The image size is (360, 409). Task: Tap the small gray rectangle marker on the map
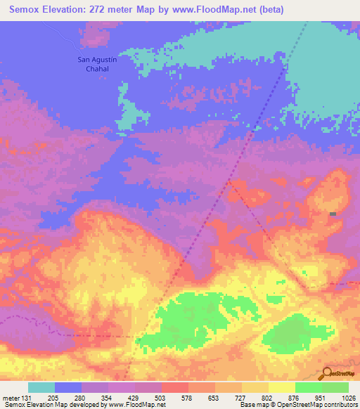[x=333, y=214]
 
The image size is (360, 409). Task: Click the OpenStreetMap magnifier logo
[x=328, y=374]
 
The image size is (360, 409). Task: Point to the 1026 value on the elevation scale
[x=349, y=397]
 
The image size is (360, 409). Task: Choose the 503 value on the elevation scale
[x=162, y=397]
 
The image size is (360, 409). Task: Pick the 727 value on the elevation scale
[x=242, y=397]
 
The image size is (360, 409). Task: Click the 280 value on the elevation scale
[x=82, y=397]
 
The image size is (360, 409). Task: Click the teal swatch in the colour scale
[x=41, y=387]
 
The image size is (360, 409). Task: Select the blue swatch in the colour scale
[x=68, y=387]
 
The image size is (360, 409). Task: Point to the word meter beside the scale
[x=11, y=397]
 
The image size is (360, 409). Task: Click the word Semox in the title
[x=23, y=10]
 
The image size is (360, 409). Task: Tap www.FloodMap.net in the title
[x=215, y=10]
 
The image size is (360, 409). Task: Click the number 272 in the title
[x=101, y=10]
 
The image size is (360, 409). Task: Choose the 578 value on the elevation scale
[x=188, y=397]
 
